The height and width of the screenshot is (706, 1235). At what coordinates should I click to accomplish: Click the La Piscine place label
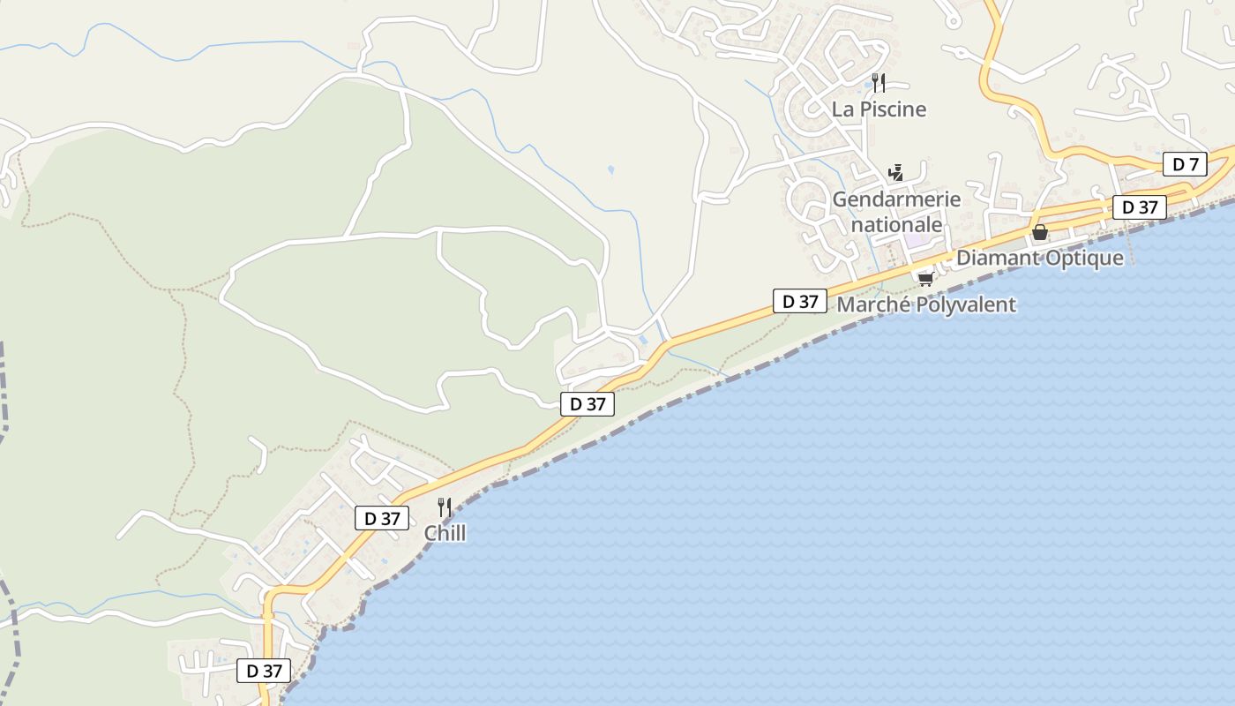click(x=879, y=109)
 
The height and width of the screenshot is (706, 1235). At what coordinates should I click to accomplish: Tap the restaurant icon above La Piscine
click(x=878, y=83)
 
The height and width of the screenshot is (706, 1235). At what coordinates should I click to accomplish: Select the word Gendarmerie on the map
click(x=896, y=199)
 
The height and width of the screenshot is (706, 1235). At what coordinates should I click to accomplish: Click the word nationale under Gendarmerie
click(x=896, y=225)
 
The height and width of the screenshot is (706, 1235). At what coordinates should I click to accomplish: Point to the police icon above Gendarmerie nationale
click(x=896, y=172)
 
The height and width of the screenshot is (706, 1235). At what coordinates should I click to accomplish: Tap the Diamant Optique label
click(x=1040, y=258)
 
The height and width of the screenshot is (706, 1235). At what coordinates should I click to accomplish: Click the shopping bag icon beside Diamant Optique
click(x=1040, y=232)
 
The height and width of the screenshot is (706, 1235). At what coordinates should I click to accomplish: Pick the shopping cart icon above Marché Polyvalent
click(x=925, y=279)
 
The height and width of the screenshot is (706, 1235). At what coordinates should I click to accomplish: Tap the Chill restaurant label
click(x=445, y=533)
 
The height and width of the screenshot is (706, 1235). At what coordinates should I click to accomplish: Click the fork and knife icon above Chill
click(x=445, y=507)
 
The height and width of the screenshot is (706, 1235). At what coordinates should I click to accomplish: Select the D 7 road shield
click(x=1186, y=164)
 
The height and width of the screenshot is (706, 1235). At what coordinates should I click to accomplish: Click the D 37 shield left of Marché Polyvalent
click(x=800, y=301)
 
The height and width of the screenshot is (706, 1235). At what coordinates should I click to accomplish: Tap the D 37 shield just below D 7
click(x=1140, y=207)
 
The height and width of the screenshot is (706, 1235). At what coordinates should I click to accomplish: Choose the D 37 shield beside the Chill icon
click(x=382, y=519)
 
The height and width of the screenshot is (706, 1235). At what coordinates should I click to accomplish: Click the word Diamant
click(x=997, y=258)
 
